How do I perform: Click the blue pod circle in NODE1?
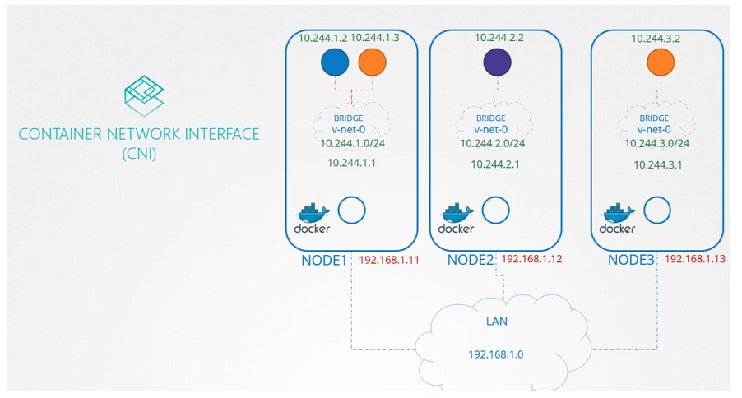point(336,62)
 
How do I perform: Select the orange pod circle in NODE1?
point(372,62)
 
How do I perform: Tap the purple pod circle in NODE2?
point(497,62)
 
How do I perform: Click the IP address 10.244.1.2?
point(322,39)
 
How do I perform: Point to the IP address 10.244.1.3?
point(375,39)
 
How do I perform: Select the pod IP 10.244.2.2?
point(499,38)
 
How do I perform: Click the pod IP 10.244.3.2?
point(655,38)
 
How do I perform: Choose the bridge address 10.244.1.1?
point(351,163)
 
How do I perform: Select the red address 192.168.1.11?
point(388,260)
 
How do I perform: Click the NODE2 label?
point(471,260)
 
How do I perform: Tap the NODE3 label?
point(632,260)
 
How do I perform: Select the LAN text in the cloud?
point(497,321)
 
